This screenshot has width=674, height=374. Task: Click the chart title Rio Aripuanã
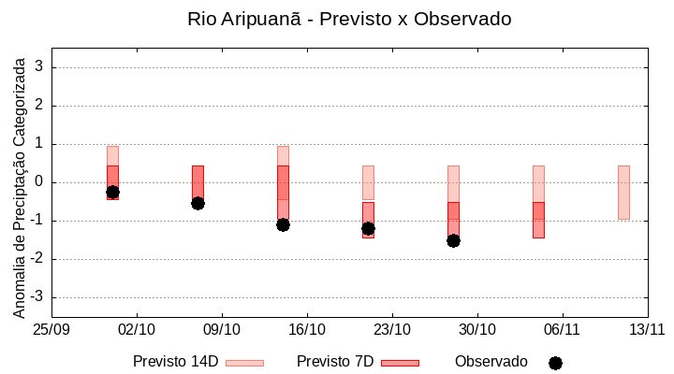click(x=349, y=19)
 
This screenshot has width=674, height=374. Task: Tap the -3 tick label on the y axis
click(x=37, y=297)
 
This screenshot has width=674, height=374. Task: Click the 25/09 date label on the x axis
click(x=52, y=329)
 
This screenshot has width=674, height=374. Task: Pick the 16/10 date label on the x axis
click(x=307, y=329)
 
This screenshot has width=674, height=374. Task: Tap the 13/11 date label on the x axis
click(x=647, y=329)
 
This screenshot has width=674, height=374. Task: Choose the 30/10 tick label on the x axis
click(x=477, y=329)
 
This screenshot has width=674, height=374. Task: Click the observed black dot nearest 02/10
click(x=112, y=192)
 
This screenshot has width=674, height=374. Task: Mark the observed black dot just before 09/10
click(x=198, y=203)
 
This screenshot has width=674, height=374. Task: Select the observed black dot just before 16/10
click(x=283, y=224)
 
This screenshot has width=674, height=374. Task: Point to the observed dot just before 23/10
click(x=368, y=228)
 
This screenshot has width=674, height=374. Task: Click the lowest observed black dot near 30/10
click(x=453, y=240)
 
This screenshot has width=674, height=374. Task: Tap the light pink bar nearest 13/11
click(x=623, y=192)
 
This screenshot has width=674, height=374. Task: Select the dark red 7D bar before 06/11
click(x=538, y=220)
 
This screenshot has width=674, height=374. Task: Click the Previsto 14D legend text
click(x=175, y=362)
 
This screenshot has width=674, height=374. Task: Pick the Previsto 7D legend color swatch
click(x=400, y=363)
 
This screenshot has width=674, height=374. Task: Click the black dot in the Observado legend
click(x=555, y=363)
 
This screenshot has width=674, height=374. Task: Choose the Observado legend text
click(x=491, y=362)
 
